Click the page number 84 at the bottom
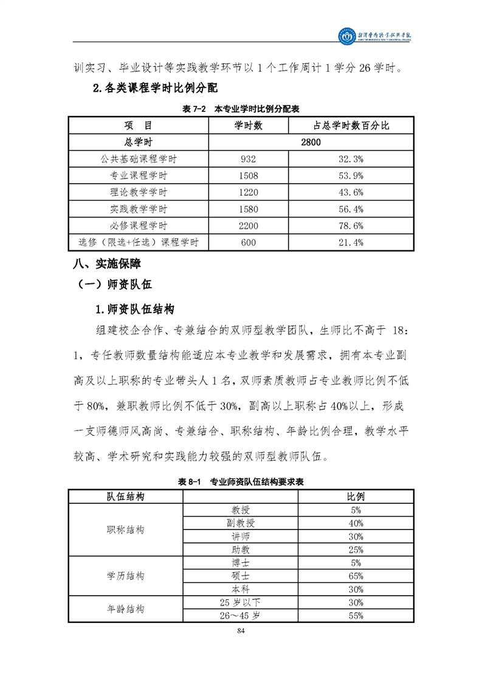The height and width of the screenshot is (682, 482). (241, 630)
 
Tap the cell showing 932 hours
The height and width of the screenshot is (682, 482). (249, 159)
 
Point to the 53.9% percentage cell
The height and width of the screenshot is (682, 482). (350, 176)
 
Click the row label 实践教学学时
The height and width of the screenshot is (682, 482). (139, 209)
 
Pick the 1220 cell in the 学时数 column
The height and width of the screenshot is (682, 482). (249, 193)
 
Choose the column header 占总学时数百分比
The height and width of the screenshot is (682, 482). (351, 126)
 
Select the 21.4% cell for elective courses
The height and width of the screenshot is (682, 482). (350, 243)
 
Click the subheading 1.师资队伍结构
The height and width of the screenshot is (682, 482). (135, 309)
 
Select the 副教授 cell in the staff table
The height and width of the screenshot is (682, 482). (241, 523)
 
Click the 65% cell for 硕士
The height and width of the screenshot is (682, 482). (356, 576)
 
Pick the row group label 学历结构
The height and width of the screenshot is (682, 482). (126, 576)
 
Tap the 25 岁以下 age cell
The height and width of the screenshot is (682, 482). (241, 602)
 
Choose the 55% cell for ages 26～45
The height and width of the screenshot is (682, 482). (356, 616)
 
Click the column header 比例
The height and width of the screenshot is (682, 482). (356, 497)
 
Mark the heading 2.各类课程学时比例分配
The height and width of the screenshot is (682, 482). (155, 88)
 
